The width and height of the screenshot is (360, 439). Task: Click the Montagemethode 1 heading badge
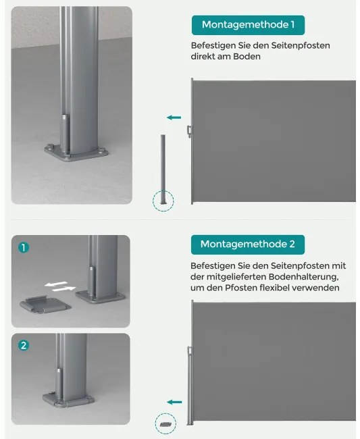click(248, 25)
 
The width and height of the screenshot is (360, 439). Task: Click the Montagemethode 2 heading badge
click(248, 244)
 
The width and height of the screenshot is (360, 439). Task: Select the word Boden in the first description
click(247, 56)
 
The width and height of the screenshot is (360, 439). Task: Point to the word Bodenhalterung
click(304, 277)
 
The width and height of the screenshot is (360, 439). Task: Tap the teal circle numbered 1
click(24, 247)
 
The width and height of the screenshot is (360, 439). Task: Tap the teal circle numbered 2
click(24, 345)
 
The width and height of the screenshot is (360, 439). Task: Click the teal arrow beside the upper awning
click(174, 118)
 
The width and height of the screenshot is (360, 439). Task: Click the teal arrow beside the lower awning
click(174, 403)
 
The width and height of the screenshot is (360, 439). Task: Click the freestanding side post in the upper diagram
click(163, 170)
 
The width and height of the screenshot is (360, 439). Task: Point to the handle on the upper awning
click(190, 132)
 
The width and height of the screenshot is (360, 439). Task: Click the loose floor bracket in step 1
click(45, 305)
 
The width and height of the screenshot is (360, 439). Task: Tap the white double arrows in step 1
click(60, 286)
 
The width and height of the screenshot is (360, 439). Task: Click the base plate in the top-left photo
click(76, 153)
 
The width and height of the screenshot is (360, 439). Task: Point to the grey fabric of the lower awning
click(274, 361)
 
